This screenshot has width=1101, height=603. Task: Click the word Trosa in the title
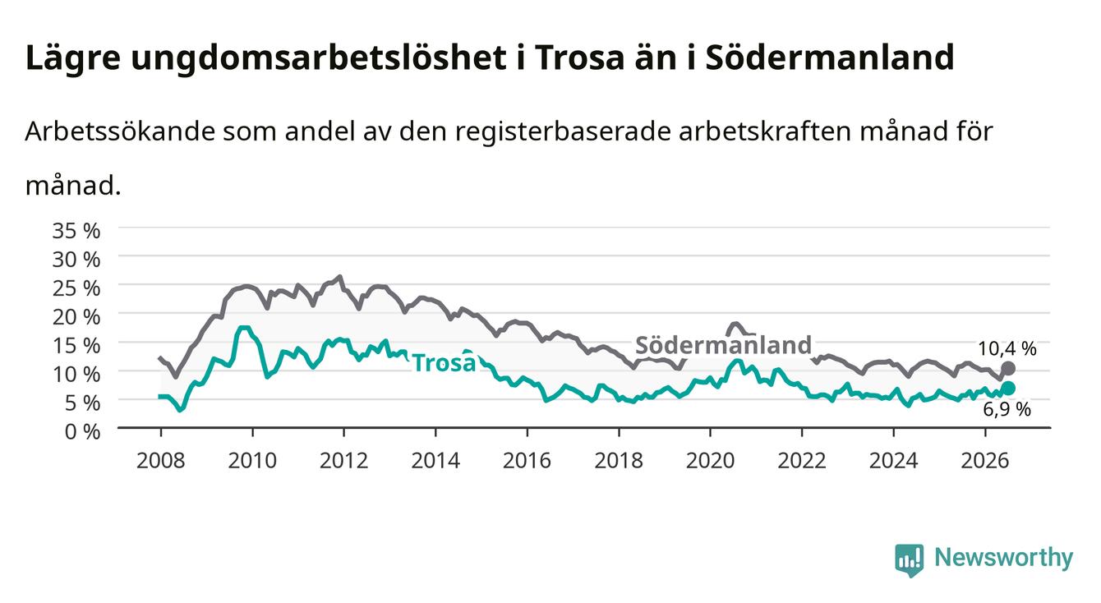click(x=579, y=58)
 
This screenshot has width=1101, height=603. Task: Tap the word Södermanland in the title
click(x=830, y=58)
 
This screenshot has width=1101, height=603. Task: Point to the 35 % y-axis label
click(x=76, y=231)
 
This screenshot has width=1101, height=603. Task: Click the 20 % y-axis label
click(x=76, y=317)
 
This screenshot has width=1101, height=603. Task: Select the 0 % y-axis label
click(x=82, y=432)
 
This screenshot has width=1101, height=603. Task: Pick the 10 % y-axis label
click(x=76, y=375)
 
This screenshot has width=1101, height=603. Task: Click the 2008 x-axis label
click(x=160, y=461)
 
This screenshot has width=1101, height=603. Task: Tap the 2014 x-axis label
click(x=435, y=461)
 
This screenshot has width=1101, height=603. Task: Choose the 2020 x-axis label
click(x=710, y=461)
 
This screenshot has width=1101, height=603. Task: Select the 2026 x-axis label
click(x=984, y=461)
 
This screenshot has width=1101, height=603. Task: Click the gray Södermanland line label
click(x=723, y=345)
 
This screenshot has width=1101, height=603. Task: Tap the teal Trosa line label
click(x=445, y=362)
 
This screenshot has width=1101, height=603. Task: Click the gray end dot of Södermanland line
click(x=1008, y=368)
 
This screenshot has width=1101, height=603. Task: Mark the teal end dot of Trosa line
click(x=1008, y=389)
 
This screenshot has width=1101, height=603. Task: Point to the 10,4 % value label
click(x=1007, y=349)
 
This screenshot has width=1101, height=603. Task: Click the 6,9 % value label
click(x=1007, y=409)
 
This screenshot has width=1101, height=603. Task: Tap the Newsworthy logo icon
click(x=909, y=559)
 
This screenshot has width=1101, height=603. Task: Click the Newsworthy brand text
click(x=1003, y=558)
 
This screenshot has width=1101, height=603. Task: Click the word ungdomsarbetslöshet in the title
click(x=319, y=59)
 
